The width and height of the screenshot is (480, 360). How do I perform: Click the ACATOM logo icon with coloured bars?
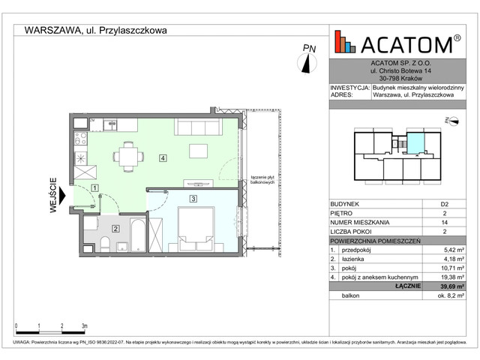pos(344,43)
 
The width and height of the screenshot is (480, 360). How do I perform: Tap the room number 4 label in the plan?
pos(162,158)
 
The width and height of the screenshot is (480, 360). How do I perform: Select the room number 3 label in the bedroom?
pos(193,199)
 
